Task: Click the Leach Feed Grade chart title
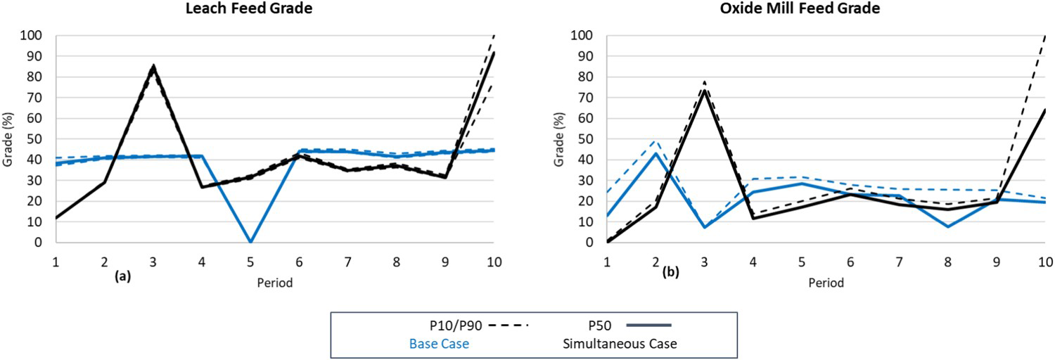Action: [249, 8]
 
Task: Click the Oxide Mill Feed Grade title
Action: [800, 8]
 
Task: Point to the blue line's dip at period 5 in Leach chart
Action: [250, 241]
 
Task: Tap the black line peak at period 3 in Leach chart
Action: [153, 66]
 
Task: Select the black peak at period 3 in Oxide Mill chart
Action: [704, 89]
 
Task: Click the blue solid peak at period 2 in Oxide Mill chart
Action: [656, 153]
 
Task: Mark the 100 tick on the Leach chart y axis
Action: [31, 35]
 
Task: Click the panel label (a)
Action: [122, 276]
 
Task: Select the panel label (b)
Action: [670, 272]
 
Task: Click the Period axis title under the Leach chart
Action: [274, 283]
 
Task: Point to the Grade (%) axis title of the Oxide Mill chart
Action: [558, 139]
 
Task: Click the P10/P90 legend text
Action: [456, 326]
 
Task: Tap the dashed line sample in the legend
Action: [509, 325]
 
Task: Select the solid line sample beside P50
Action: [648, 325]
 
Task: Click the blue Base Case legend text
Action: [439, 344]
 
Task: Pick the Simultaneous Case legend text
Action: [620, 344]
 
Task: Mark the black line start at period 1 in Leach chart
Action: [56, 218]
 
